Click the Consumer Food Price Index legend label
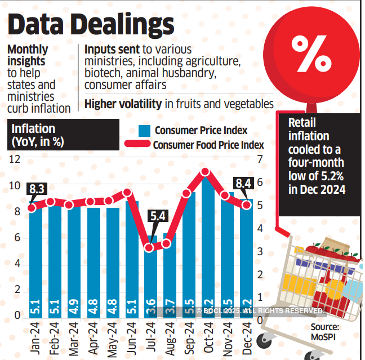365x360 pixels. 208,145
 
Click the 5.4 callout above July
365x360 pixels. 157,215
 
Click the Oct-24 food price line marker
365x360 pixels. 205,172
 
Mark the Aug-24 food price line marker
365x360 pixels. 166,244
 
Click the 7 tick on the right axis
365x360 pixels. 260,159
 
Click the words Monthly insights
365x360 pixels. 28,55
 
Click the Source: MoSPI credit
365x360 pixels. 326,331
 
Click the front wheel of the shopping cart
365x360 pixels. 264,340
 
